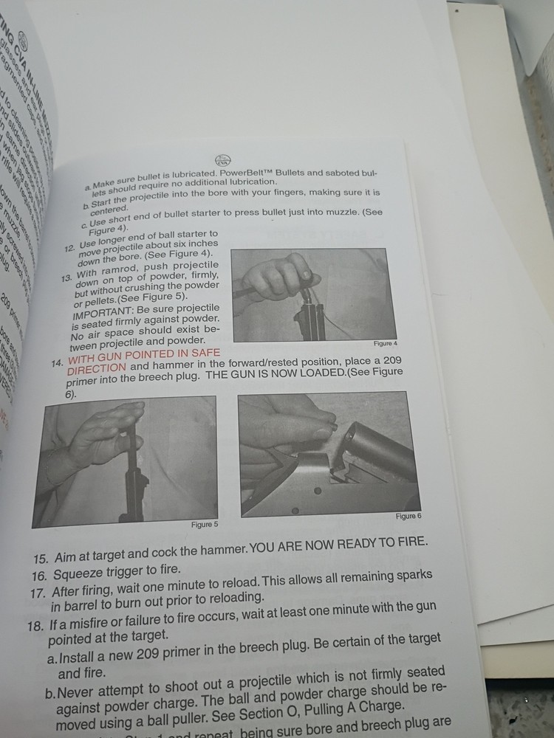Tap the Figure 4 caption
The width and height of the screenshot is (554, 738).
tap(386, 344)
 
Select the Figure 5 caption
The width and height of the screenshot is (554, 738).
tap(205, 524)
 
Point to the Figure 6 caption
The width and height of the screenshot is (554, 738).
tap(408, 516)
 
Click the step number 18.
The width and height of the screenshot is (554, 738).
tap(36, 626)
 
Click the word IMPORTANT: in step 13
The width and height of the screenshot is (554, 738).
tap(98, 313)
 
